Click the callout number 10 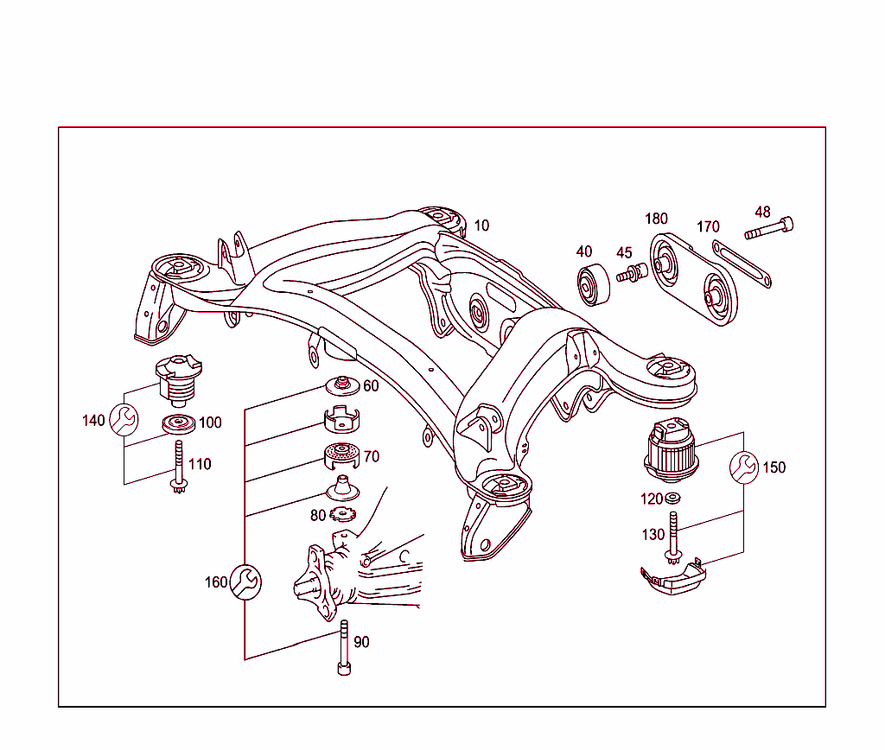pos(481,226)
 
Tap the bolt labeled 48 pos(769,229)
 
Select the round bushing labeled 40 pos(592,287)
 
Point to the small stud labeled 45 pos(632,274)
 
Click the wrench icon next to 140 pos(124,420)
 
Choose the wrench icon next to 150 pos(744,467)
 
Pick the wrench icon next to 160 pos(245,582)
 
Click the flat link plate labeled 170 pos(742,264)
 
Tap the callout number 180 pos(656,219)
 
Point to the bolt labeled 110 pos(179,467)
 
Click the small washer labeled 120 pos(672,499)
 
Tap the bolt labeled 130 pos(672,537)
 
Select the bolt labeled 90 pos(343,648)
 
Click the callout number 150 pos(774,467)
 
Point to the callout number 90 pos(361,642)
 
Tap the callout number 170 pos(708,227)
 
